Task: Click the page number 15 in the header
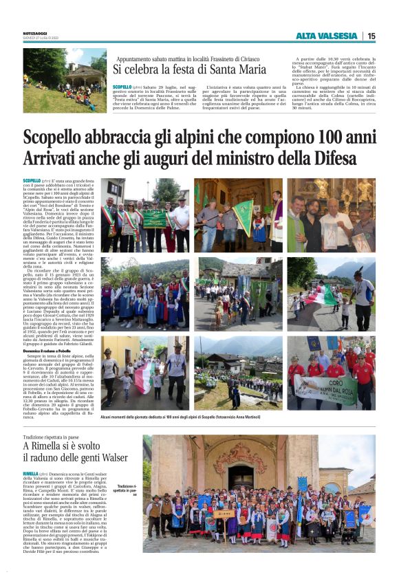371,36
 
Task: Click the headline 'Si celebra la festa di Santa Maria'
190,69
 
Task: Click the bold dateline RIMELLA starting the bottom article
30,474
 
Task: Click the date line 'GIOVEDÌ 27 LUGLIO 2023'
42,39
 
